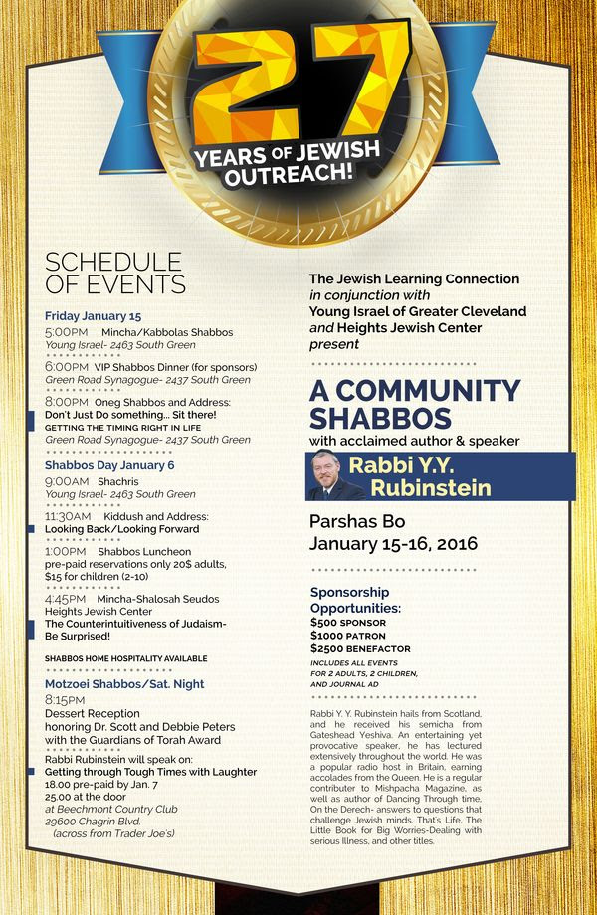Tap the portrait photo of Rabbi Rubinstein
click(337, 476)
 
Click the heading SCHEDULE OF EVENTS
click(114, 274)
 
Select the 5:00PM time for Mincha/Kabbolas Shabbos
click(67, 331)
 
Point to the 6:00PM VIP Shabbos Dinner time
click(67, 367)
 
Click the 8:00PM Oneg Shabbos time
click(67, 402)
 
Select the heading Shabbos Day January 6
click(109, 464)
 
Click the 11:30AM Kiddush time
click(69, 516)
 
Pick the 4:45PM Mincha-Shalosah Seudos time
click(67, 599)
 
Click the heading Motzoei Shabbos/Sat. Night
click(125, 683)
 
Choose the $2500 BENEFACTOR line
click(360, 648)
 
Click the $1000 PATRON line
click(350, 635)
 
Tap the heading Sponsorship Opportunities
click(356, 600)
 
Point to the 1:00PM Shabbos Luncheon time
click(66, 551)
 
